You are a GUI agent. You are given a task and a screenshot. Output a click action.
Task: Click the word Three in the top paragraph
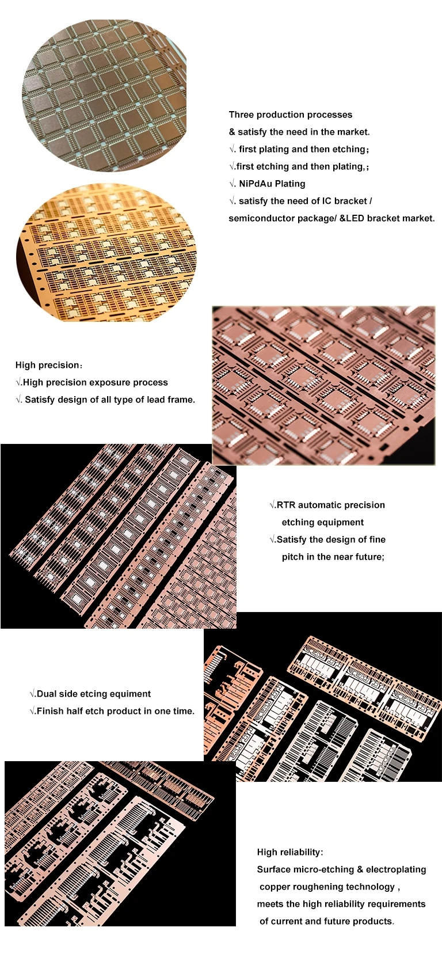point(242,115)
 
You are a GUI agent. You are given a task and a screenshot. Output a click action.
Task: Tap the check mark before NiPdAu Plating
point(232,184)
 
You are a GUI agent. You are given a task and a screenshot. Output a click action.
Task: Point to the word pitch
point(292,557)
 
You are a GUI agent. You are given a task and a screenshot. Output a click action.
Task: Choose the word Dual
point(47,694)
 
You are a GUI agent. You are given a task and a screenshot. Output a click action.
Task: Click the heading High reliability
point(289,852)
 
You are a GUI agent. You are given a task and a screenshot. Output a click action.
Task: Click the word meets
point(270,904)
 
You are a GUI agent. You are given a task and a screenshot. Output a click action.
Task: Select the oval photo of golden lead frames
point(106,252)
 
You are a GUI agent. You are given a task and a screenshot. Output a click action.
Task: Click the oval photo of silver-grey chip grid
point(104,95)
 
